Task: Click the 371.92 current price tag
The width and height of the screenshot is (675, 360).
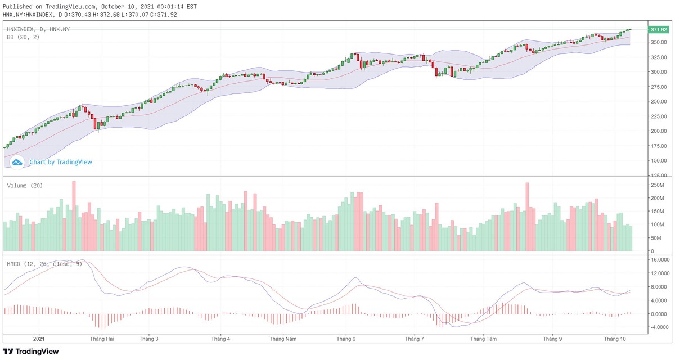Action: pyautogui.click(x=658, y=29)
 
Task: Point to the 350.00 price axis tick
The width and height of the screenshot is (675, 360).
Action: pyautogui.click(x=658, y=42)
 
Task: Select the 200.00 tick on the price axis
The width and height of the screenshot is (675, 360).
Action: pyautogui.click(x=658, y=131)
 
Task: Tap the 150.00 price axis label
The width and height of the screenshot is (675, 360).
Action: pyautogui.click(x=658, y=161)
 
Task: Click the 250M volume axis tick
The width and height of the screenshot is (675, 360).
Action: pyautogui.click(x=658, y=185)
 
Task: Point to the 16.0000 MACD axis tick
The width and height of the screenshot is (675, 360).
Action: pyautogui.click(x=659, y=260)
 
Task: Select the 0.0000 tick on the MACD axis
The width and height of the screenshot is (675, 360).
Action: pyautogui.click(x=659, y=314)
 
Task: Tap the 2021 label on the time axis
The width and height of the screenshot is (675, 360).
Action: pyautogui.click(x=39, y=339)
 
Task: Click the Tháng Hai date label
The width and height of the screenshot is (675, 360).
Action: pyautogui.click(x=102, y=339)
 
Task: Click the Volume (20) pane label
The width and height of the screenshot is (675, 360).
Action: pyautogui.click(x=25, y=186)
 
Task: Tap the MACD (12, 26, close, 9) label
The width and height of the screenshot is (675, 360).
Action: pyautogui.click(x=44, y=263)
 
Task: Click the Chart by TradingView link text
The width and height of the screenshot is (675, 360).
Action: pyautogui.click(x=61, y=162)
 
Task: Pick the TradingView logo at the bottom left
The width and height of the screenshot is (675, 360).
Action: pyautogui.click(x=31, y=352)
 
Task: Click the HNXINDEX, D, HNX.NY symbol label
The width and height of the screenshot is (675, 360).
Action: pyautogui.click(x=38, y=29)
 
